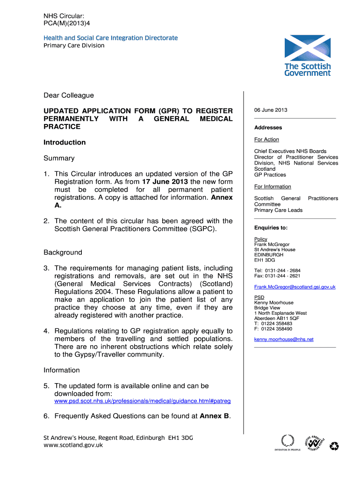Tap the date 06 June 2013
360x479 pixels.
click(271, 110)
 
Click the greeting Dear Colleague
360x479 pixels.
click(69, 95)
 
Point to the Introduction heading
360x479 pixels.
click(65, 142)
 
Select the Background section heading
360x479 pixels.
click(63, 253)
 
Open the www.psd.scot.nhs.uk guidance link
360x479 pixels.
click(142, 401)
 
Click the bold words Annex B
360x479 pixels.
click(215, 416)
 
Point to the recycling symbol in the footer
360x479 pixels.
click(334, 446)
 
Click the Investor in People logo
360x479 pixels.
click(287, 442)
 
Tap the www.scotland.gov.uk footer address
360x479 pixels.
click(73, 445)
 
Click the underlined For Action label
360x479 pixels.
click(266, 139)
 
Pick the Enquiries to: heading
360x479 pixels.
click(271, 228)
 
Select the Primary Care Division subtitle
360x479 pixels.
click(74, 45)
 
